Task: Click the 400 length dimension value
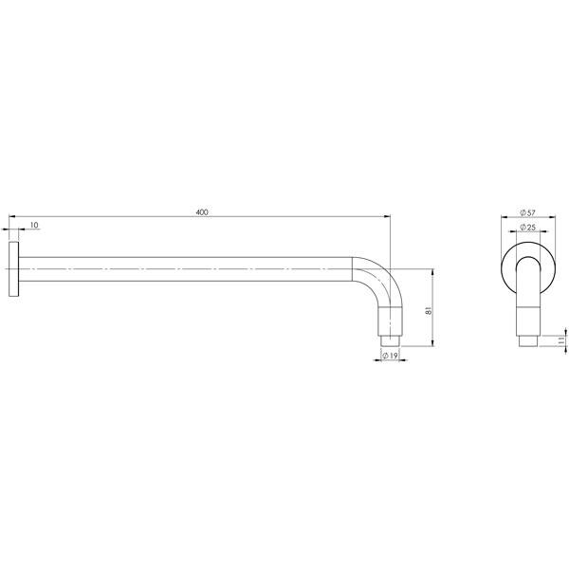(x=201, y=211)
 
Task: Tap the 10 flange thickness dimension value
(x=34, y=225)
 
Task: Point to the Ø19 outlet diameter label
(x=391, y=355)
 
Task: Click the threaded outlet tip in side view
(x=391, y=337)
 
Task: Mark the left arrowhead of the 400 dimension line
(x=9, y=217)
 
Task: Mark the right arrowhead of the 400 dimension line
(x=387, y=217)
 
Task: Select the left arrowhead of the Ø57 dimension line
(x=502, y=218)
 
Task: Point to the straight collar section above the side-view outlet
(x=391, y=318)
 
